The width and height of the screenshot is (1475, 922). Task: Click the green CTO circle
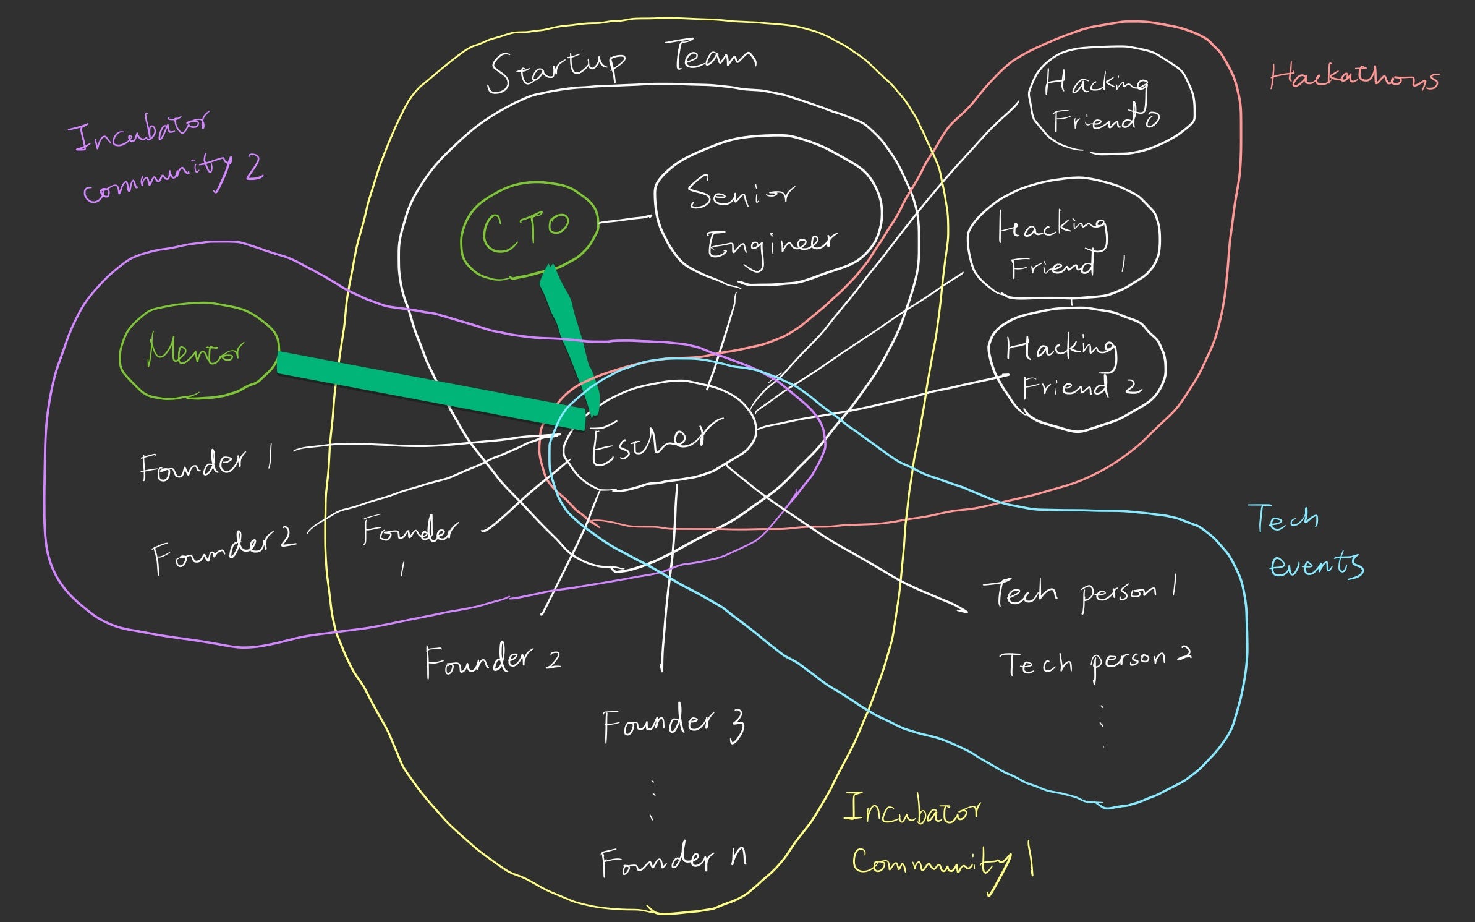[x=529, y=231]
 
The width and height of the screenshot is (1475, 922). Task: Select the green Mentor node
[x=198, y=351]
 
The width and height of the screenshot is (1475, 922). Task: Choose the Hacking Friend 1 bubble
[x=1063, y=241]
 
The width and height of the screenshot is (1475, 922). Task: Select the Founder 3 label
[x=674, y=724]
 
